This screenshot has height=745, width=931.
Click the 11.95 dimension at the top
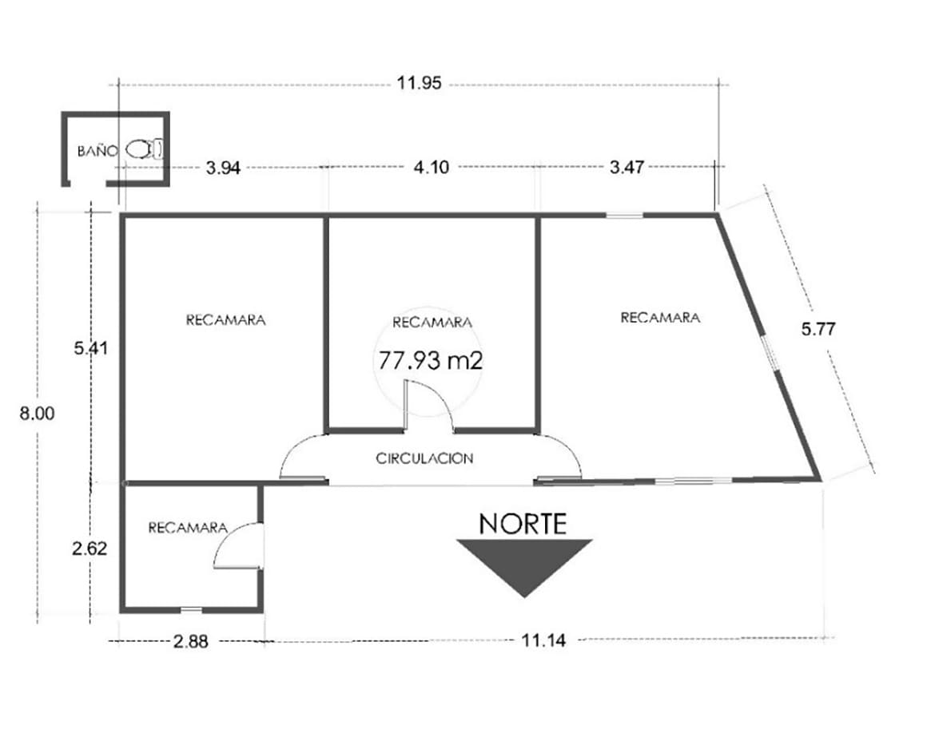pos(420,82)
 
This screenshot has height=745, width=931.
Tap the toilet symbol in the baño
pos(145,149)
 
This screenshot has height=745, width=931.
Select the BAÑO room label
pos(97,151)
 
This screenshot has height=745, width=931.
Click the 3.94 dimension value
pos(223,168)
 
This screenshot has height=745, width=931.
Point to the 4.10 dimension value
pos(431,167)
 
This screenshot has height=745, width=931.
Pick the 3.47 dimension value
pos(627,167)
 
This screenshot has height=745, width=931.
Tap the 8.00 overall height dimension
pos(37,413)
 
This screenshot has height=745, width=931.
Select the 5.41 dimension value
pos(91,347)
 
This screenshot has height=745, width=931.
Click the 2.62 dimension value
pos(90,548)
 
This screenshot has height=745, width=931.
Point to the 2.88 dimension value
pos(190,641)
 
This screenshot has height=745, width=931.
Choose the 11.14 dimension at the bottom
pos(543,640)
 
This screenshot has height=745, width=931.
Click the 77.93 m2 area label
pos(430,360)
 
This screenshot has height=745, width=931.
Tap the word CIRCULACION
pos(424,458)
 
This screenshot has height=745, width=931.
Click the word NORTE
pos(523,524)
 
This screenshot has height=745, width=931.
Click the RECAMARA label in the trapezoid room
pos(660,317)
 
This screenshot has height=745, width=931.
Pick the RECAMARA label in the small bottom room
pos(188,527)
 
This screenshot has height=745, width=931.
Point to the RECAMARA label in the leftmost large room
pos(225,320)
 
